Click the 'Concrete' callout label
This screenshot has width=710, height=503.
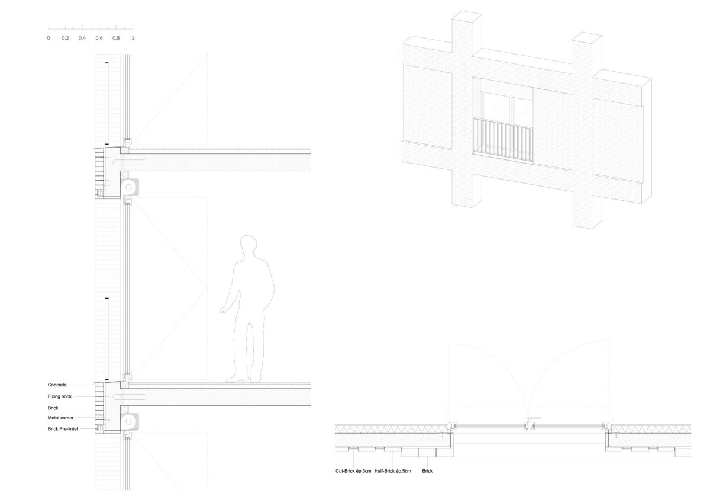pyautogui.click(x=57, y=385)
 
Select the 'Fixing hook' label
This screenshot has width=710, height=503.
pyautogui.click(x=60, y=396)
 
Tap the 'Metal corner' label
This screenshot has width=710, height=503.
pyautogui.click(x=60, y=418)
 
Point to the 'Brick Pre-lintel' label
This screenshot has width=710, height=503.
pyautogui.click(x=63, y=429)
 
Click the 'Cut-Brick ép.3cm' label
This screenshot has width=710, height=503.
pyautogui.click(x=353, y=471)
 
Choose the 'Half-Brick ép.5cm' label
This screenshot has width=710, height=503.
pyautogui.click(x=393, y=471)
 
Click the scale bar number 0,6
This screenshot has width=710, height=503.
pyautogui.click(x=99, y=38)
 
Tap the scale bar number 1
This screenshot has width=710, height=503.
pyautogui.click(x=133, y=38)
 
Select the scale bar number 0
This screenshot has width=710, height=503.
pyautogui.click(x=49, y=38)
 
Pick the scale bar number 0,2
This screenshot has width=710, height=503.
pyautogui.click(x=65, y=38)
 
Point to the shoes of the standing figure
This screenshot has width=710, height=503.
pyautogui.click(x=243, y=379)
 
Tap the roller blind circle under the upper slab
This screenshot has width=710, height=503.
pyautogui.click(x=128, y=187)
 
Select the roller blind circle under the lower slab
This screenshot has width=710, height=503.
pyautogui.click(x=128, y=422)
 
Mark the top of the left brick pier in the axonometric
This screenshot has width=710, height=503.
pyautogui.click(x=467, y=16)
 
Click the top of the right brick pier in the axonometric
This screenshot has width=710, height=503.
pyautogui.click(x=587, y=38)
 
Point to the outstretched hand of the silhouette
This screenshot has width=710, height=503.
pyautogui.click(x=224, y=310)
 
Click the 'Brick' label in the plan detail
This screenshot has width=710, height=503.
pyautogui.click(x=427, y=471)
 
